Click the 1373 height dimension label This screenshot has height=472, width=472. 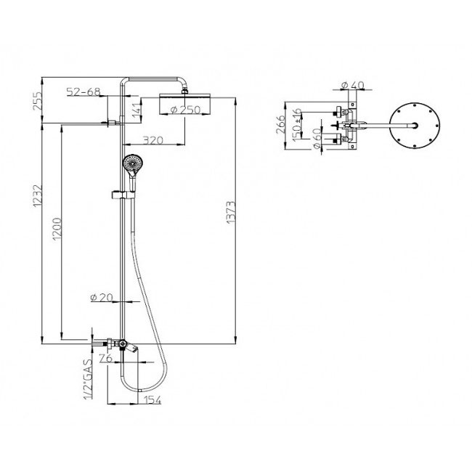pos(231,212)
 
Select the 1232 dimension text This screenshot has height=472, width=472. pos(37,195)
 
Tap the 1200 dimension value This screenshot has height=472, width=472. pos(57,229)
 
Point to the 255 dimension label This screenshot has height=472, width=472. pos(37,101)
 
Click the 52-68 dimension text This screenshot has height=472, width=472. pos(83,91)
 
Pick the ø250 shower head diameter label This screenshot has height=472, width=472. pos(185,110)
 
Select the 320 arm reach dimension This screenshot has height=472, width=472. pos(152,140)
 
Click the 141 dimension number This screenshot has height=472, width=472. pos(137,110)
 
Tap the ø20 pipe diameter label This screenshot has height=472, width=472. pos(102,298)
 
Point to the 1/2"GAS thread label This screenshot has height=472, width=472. pos(88,378)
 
